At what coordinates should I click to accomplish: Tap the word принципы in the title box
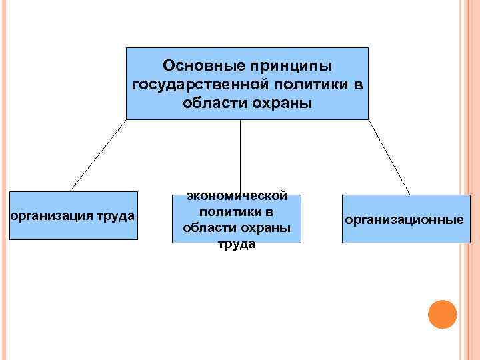[x=291, y=66]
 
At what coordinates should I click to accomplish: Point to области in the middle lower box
[x=205, y=229]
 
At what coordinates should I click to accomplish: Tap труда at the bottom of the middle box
[x=237, y=245]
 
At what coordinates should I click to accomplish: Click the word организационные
[x=404, y=219]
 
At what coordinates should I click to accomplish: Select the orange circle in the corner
[x=442, y=314]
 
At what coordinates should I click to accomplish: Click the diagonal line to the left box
[x=98, y=155]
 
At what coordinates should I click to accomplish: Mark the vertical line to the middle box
[x=240, y=157]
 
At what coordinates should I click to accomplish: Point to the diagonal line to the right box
[x=389, y=157]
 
